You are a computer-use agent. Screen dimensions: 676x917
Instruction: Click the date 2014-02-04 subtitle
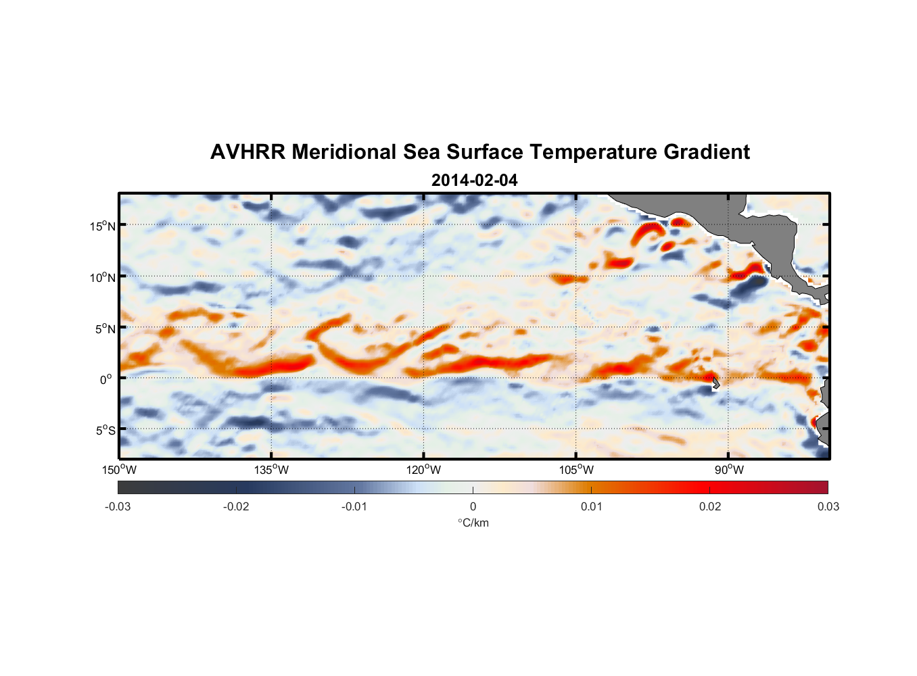474,180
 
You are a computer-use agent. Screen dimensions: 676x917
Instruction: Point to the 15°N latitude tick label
102,226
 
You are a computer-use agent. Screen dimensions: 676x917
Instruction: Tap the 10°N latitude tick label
102,277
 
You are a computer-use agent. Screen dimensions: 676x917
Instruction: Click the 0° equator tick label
106,380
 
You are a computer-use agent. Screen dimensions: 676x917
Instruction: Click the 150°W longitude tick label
120,470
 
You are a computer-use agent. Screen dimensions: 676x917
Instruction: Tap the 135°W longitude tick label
272,470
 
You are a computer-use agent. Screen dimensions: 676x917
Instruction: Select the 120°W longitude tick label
424,470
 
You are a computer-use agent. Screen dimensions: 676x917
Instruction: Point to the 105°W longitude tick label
576,470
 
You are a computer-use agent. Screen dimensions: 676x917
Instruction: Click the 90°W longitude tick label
729,470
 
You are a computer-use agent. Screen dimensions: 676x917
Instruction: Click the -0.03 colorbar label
118,507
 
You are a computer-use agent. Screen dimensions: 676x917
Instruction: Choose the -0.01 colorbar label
354,507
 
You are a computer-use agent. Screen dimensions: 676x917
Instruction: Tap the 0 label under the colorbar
473,507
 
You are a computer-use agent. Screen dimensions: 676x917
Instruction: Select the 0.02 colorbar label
709,507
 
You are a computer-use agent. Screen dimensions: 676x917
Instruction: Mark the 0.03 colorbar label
828,507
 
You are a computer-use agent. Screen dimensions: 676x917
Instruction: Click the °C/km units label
473,523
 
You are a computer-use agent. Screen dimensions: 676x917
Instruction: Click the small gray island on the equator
715,383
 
